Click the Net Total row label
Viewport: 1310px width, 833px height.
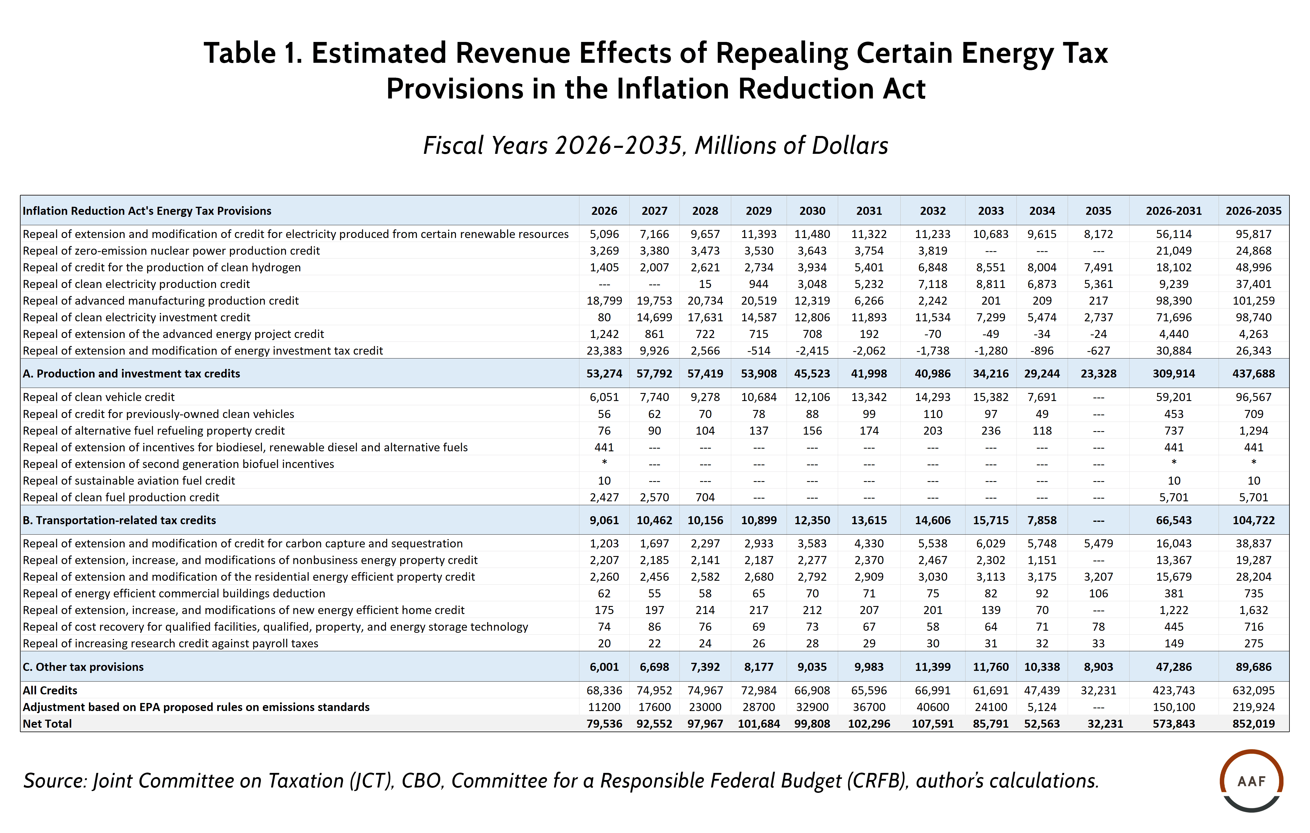pyautogui.click(x=47, y=724)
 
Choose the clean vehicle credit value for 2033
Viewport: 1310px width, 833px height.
pyautogui.click(x=990, y=397)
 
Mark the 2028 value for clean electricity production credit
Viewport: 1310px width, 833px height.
pyautogui.click(x=705, y=284)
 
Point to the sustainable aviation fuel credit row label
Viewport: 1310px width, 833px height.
pyautogui.click(x=129, y=481)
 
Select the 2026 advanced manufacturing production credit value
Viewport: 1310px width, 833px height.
pyautogui.click(x=604, y=301)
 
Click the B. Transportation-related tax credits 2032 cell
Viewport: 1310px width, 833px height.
pyautogui.click(x=932, y=520)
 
